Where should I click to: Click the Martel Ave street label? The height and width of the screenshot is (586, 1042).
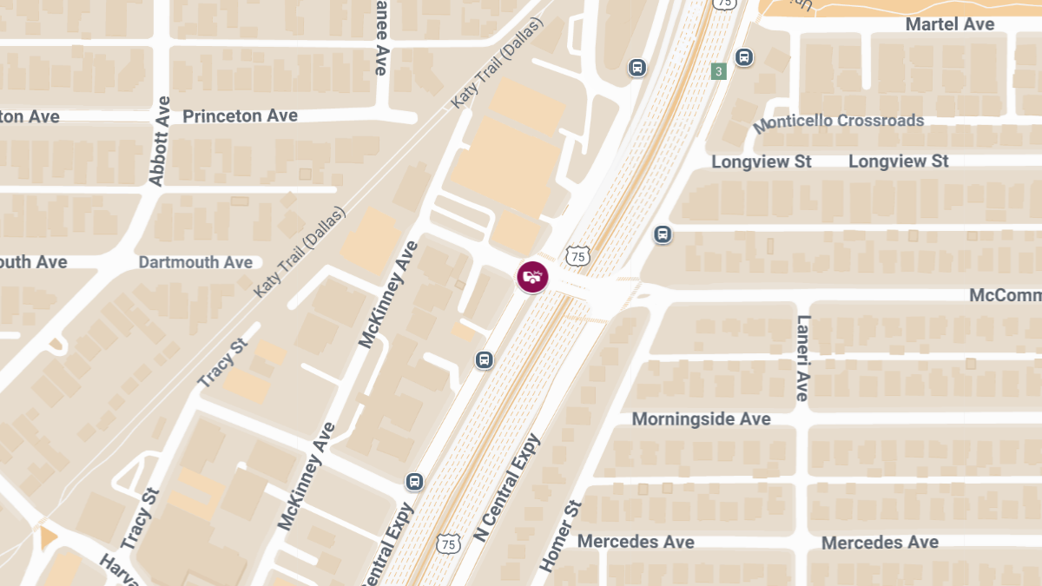click(949, 24)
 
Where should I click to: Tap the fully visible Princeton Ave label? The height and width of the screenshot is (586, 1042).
click(240, 116)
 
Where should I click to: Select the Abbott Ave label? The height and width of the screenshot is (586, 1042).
click(159, 141)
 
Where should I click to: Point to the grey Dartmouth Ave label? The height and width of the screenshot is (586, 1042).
click(195, 262)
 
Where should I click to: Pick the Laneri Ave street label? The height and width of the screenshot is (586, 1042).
click(801, 357)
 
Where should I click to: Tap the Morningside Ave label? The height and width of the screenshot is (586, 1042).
click(701, 419)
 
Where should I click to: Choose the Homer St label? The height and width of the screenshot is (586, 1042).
click(558, 536)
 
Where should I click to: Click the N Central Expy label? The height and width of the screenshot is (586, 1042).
click(507, 488)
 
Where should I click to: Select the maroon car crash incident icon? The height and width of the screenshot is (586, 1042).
click(532, 277)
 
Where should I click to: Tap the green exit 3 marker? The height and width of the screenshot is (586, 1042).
click(718, 71)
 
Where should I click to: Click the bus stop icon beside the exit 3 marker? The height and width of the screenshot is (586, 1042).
click(743, 57)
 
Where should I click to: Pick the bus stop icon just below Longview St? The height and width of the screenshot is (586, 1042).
click(663, 234)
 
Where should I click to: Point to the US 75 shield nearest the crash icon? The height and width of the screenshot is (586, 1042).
click(577, 256)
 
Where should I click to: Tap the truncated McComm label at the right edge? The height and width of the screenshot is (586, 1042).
click(1005, 296)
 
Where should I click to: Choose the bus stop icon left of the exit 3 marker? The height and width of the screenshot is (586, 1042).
click(637, 68)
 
